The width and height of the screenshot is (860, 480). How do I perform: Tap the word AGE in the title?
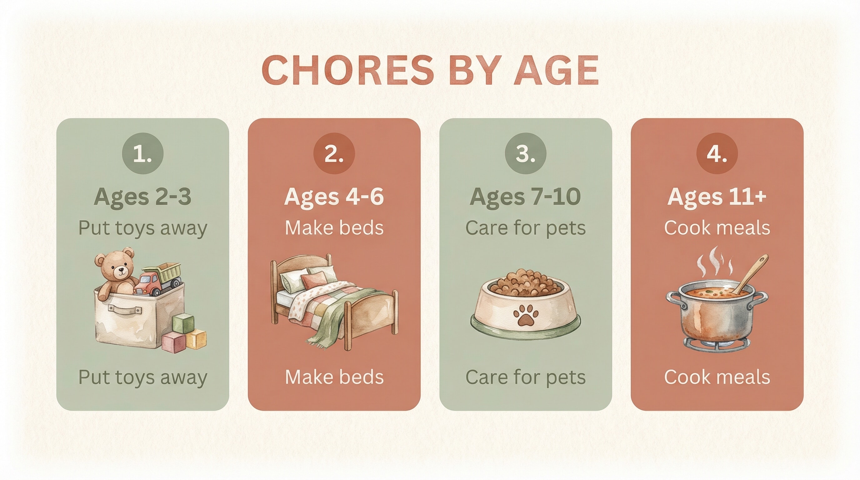[x=556, y=70]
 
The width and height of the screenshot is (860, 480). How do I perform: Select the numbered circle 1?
[x=142, y=153]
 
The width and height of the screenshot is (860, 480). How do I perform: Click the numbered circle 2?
[x=334, y=153]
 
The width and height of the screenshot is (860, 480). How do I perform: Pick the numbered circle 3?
[x=526, y=153]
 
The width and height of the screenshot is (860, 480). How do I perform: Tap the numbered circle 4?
[x=717, y=153]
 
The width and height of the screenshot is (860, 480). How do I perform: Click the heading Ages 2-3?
[x=142, y=197]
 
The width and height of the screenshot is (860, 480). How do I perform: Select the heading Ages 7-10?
[x=526, y=197]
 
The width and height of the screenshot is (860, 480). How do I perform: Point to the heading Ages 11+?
[x=717, y=197]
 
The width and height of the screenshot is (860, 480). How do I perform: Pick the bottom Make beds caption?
[x=334, y=377]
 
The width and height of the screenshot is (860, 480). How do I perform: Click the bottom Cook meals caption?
[x=717, y=377]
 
